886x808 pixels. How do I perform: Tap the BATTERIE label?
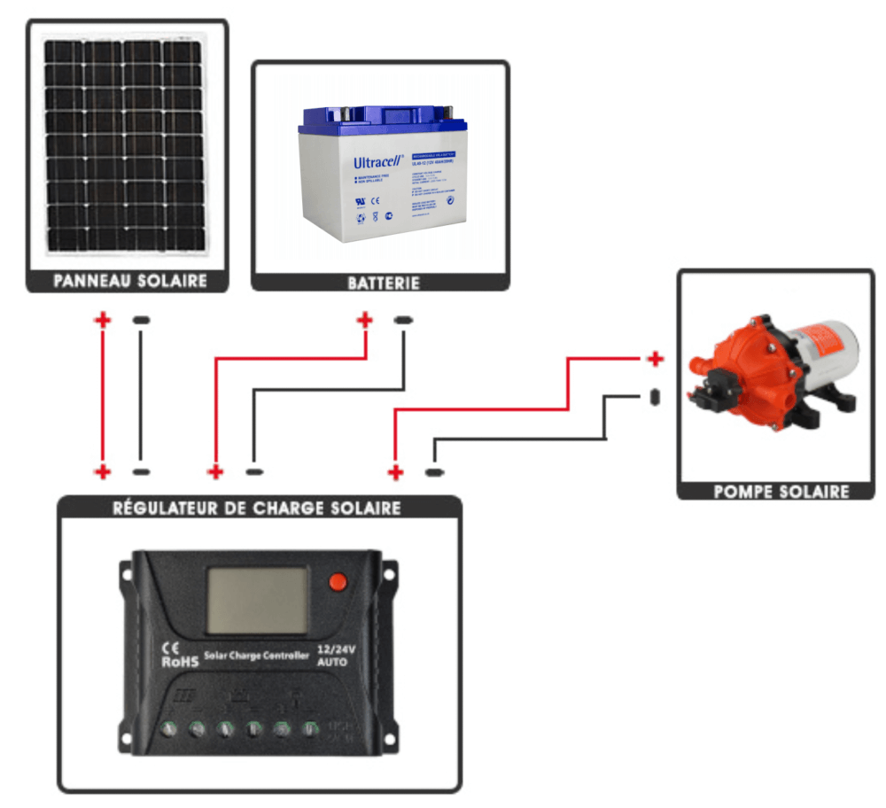[383, 284]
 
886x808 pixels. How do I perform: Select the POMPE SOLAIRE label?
[781, 491]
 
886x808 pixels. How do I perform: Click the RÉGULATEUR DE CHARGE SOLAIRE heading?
[257, 509]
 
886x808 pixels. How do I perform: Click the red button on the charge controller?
[338, 581]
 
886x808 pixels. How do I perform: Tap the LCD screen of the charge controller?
[257, 600]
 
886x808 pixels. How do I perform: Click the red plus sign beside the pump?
[655, 359]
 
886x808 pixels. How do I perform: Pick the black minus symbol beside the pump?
[655, 396]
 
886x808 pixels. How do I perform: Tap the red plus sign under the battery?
[364, 320]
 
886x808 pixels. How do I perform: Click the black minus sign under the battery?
[402, 320]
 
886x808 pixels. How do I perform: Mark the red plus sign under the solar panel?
[104, 320]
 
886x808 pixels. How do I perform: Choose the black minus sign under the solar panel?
[141, 320]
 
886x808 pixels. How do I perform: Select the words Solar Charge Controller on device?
[257, 656]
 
